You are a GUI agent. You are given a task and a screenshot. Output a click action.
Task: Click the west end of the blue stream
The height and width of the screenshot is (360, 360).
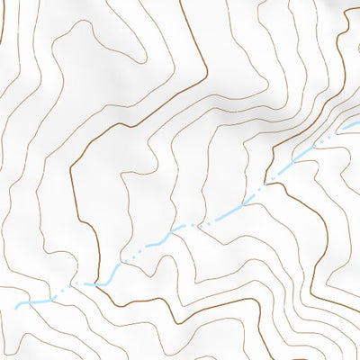(x=16, y=307)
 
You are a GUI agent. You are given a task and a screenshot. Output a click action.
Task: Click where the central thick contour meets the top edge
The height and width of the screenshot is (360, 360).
(x=180, y=1)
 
